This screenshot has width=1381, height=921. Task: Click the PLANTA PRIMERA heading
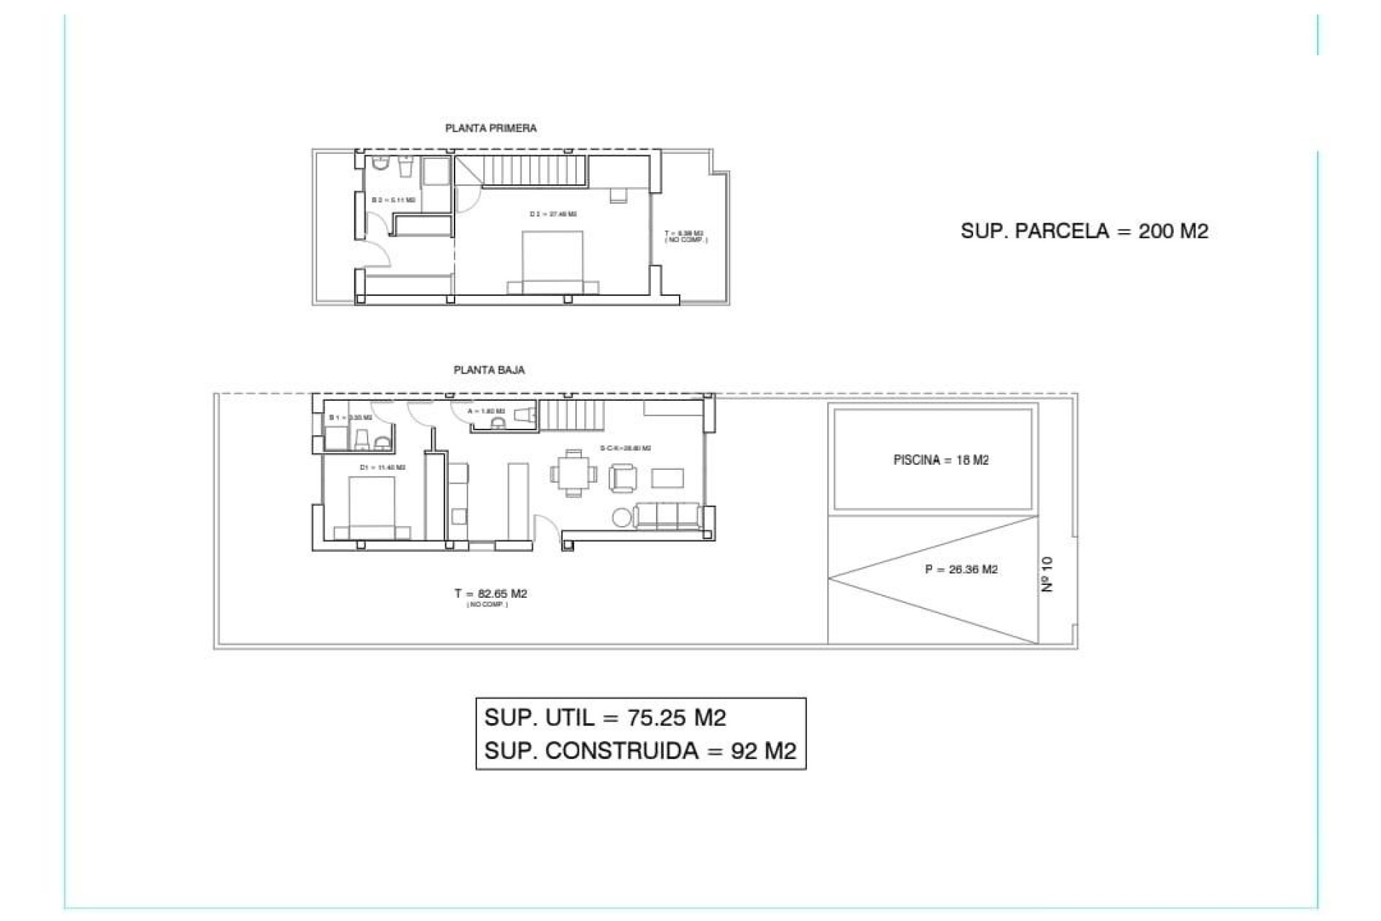pyautogui.click(x=491, y=128)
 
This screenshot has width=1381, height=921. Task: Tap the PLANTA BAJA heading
pyautogui.click(x=489, y=370)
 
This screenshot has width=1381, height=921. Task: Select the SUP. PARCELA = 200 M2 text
pyautogui.click(x=1084, y=231)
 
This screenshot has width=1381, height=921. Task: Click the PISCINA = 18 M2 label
pyautogui.click(x=941, y=460)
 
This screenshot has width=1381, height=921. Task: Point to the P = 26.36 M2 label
pyautogui.click(x=961, y=569)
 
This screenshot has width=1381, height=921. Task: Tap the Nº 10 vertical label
pyautogui.click(x=1047, y=574)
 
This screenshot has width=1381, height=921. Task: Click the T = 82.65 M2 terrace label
pyautogui.click(x=491, y=594)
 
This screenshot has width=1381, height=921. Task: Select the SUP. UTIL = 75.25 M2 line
pyautogui.click(x=605, y=717)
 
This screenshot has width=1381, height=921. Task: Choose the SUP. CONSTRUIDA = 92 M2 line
pyautogui.click(x=640, y=750)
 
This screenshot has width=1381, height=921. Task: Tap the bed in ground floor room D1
pyautogui.click(x=372, y=507)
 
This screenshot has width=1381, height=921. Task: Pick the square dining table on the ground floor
pyautogui.click(x=573, y=473)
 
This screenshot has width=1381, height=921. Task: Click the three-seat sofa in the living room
pyautogui.click(x=667, y=516)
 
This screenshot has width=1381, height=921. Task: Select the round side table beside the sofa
pyautogui.click(x=621, y=517)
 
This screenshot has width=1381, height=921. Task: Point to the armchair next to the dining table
pyautogui.click(x=623, y=478)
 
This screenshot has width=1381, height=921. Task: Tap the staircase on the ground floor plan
pyautogui.click(x=570, y=415)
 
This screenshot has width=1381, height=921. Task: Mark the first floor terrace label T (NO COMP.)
pyautogui.click(x=685, y=236)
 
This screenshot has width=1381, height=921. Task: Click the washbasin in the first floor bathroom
pyautogui.click(x=406, y=167)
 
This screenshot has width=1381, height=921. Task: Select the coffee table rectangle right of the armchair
pyautogui.click(x=667, y=478)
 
